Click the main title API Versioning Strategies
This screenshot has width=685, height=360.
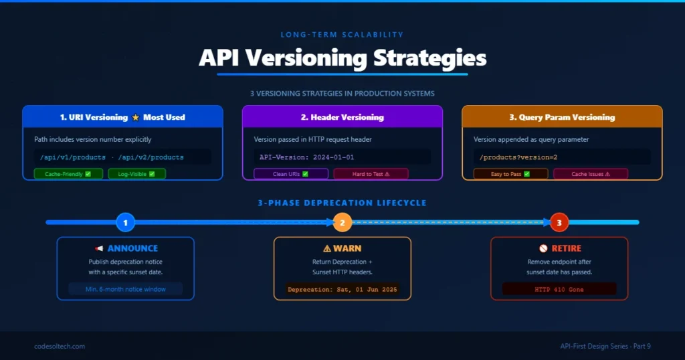(342, 58)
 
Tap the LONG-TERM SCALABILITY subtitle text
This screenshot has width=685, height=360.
(342, 34)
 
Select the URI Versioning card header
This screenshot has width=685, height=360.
(122, 117)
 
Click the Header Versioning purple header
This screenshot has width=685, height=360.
(342, 117)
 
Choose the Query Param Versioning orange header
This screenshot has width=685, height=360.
(562, 117)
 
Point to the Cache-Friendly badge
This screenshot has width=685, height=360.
(68, 174)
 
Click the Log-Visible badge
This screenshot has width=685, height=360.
(136, 174)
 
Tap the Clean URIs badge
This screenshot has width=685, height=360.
(291, 174)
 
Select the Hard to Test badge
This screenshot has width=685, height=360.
(371, 174)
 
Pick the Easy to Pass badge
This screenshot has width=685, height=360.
(510, 174)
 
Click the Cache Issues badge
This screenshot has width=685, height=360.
(591, 174)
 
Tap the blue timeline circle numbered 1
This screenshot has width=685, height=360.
(125, 222)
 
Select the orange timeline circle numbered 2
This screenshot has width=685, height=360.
(342, 222)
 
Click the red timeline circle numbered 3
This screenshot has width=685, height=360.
(559, 222)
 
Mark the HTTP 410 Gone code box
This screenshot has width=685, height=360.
(559, 290)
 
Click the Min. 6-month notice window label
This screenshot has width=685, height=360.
(125, 289)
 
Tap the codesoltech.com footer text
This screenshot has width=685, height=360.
(60, 346)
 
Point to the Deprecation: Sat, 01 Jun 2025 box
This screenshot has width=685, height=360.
(342, 290)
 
